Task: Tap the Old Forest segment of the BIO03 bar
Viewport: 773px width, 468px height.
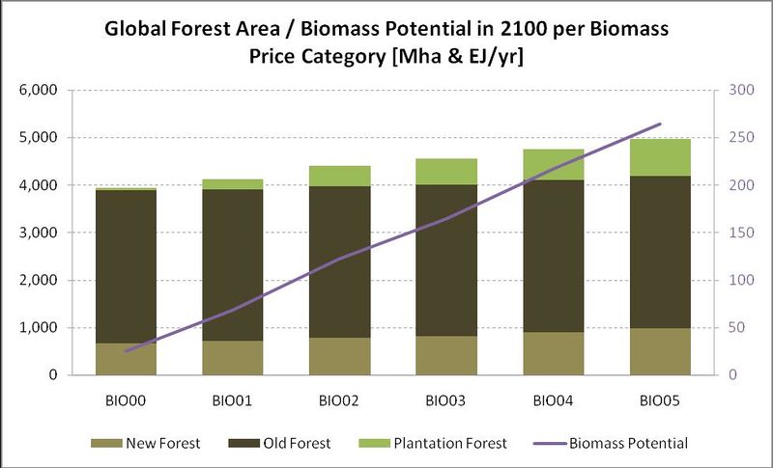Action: pyautogui.click(x=447, y=261)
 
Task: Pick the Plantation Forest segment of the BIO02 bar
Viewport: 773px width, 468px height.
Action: pyautogui.click(x=340, y=176)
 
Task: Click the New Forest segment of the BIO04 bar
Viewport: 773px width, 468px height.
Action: pyautogui.click(x=555, y=353)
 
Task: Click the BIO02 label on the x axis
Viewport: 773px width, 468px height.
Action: pyautogui.click(x=340, y=398)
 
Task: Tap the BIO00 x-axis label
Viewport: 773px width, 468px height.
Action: pyautogui.click(x=127, y=398)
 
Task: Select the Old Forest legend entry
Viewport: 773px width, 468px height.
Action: pyautogui.click(x=292, y=443)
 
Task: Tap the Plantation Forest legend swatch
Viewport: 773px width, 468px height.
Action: pyautogui.click(x=369, y=443)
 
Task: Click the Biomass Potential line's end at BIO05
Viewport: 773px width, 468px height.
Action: pyautogui.click(x=661, y=124)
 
